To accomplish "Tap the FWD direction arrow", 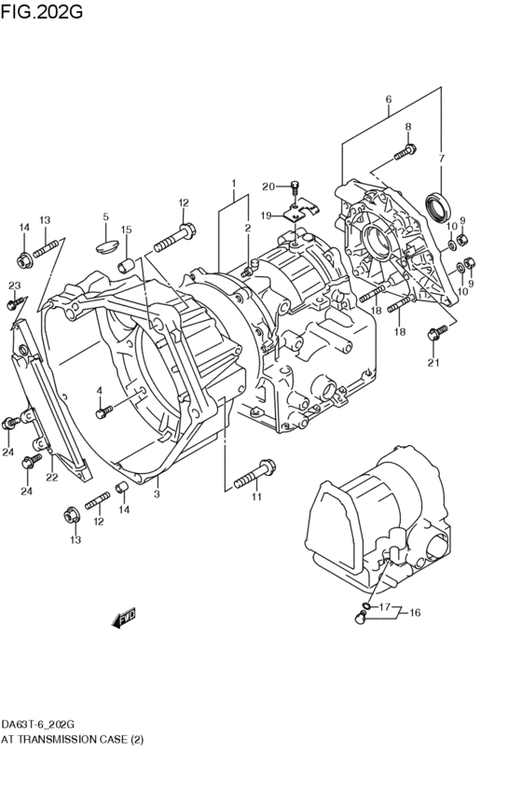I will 123,617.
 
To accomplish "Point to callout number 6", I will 389,100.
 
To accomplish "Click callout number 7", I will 442,158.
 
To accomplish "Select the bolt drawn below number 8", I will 405,149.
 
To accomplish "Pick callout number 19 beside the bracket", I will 266,216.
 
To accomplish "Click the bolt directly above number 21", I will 433,333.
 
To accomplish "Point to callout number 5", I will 105,217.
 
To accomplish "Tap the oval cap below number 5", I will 107,247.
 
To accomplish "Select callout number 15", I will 127,230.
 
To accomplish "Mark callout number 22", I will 52,478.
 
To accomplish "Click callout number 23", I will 14,285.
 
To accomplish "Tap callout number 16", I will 415,613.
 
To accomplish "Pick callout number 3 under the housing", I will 157,495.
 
